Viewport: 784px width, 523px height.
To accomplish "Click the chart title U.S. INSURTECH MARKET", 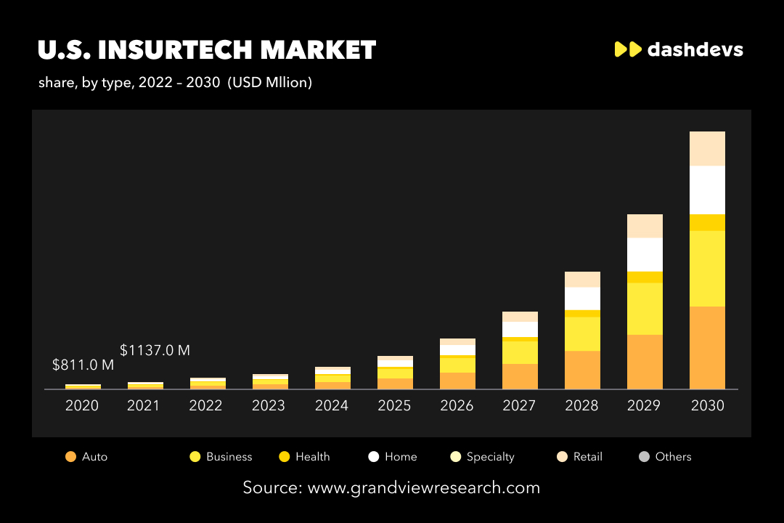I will [x=207, y=50].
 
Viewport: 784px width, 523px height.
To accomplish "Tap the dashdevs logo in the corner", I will [x=679, y=49].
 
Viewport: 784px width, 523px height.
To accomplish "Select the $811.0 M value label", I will [x=83, y=365].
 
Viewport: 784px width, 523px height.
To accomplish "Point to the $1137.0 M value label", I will [x=155, y=350].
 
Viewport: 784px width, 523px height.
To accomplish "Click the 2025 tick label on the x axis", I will [x=394, y=405].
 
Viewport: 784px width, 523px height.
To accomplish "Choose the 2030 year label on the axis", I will [x=707, y=405].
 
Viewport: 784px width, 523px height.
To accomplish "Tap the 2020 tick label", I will [x=82, y=405].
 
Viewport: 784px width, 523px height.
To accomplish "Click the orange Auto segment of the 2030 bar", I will [x=707, y=347].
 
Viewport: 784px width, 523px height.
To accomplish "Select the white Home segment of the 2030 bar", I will [x=707, y=190].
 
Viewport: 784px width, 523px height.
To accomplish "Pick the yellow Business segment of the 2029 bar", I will [x=645, y=308].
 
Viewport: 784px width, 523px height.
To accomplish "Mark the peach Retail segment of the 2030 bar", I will [x=707, y=148].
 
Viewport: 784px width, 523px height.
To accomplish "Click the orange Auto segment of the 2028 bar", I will [x=582, y=370].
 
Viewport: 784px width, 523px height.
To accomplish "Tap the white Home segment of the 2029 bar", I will [x=645, y=254].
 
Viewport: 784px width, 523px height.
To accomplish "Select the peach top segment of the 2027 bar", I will [x=520, y=316].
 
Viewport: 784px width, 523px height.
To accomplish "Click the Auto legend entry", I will [x=86, y=457].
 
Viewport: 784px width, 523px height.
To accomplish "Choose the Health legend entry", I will [x=305, y=457].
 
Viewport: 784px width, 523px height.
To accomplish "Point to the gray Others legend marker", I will [x=644, y=457].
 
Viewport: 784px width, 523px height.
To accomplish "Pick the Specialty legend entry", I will [x=482, y=457].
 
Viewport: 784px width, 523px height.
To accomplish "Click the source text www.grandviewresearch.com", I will [x=424, y=487].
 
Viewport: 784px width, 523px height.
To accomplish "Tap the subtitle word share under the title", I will [x=56, y=83].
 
